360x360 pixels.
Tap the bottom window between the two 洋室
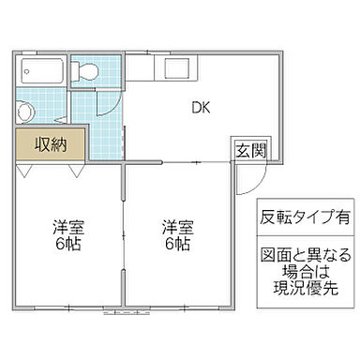pos(124,309)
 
